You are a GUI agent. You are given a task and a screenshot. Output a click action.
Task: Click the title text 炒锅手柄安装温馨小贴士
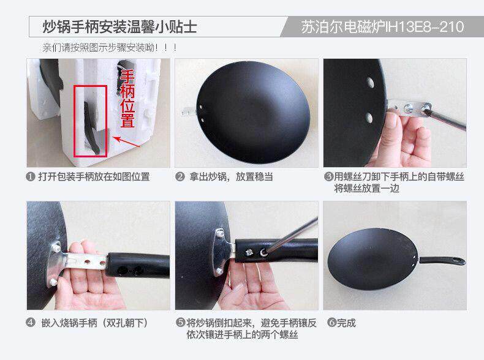[119, 27]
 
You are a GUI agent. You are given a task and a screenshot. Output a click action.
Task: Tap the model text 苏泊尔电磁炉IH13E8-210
[382, 27]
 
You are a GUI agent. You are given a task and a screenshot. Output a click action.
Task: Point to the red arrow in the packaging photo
[127, 142]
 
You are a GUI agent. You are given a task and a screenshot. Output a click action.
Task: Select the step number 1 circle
[30, 177]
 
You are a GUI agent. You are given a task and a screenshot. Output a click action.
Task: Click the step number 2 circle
[180, 177]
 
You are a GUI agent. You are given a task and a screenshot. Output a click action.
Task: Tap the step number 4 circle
[30, 323]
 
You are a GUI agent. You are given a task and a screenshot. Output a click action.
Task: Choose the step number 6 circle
[331, 323]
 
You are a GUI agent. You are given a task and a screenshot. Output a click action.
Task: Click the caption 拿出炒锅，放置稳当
[231, 177]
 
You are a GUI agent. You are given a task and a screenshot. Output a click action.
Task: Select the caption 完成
[346, 323]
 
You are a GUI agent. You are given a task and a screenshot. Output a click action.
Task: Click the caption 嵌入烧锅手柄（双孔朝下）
[94, 323]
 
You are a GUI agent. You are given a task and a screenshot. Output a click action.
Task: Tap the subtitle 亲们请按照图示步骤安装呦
[98, 48]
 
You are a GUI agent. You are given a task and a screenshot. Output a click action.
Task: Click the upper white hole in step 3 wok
[370, 83]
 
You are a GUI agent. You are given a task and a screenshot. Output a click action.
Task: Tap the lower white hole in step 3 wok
[369, 118]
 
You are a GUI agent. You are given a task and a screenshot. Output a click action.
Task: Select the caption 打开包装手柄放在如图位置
[94, 177]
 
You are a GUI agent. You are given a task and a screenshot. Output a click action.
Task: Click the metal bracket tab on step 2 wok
[189, 112]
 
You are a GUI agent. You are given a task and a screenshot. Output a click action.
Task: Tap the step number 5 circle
[180, 323]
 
